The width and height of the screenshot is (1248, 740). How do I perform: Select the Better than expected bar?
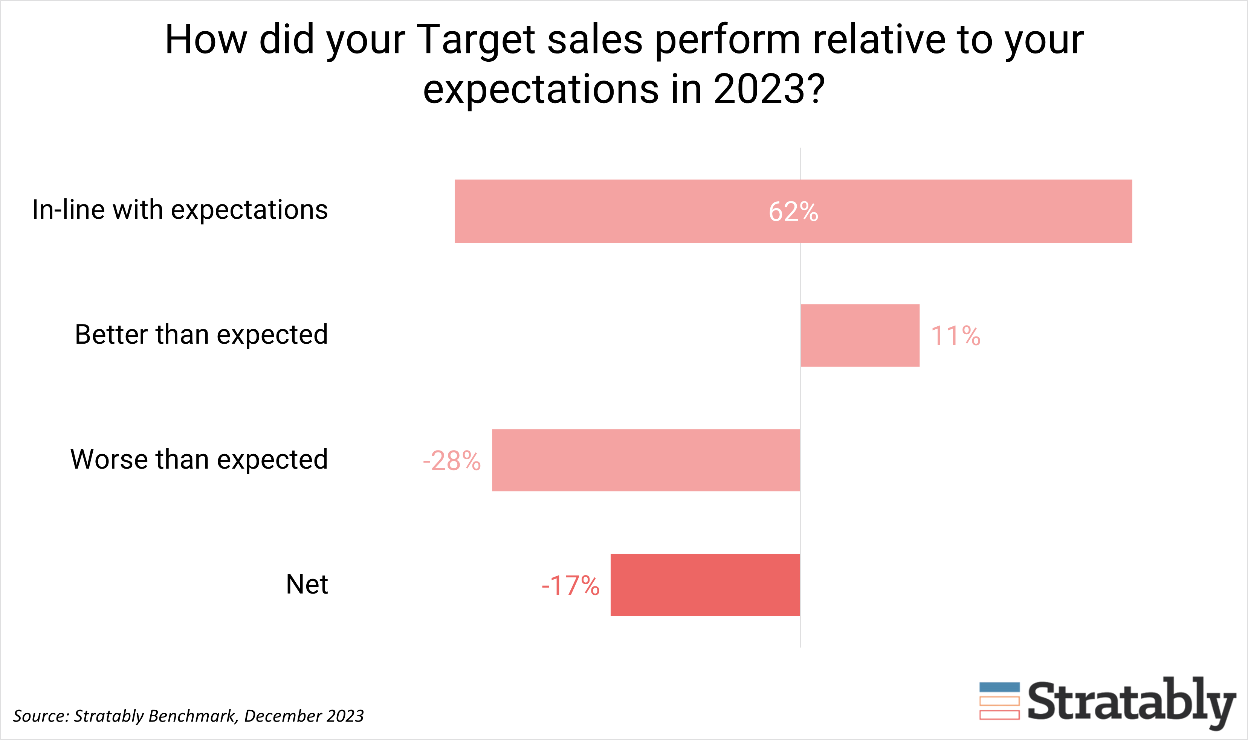pyautogui.click(x=860, y=336)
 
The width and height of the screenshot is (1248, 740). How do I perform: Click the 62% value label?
pyautogui.click(x=793, y=212)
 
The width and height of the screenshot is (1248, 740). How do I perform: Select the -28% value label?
pyautogui.click(x=452, y=461)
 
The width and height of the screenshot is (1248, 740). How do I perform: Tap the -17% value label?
pyautogui.click(x=570, y=585)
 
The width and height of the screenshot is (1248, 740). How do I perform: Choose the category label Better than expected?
pyautogui.click(x=201, y=335)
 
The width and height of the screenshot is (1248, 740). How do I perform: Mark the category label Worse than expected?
pyautogui.click(x=199, y=459)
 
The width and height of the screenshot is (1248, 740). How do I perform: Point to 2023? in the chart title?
pyautogui.click(x=769, y=90)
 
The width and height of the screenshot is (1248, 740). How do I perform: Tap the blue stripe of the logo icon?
pyautogui.click(x=999, y=688)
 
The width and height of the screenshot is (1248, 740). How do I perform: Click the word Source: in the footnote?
pyautogui.click(x=41, y=716)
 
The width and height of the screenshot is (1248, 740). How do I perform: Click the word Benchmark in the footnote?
pyautogui.click(x=192, y=716)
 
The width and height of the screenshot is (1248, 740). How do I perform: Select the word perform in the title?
pyautogui.click(x=727, y=40)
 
